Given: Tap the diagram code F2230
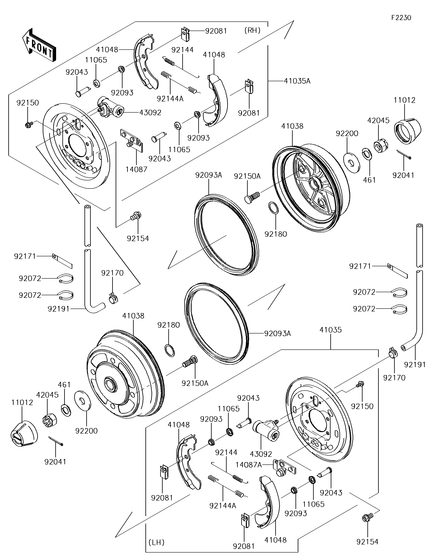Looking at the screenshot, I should (401, 18).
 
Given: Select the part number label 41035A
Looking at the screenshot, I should (297, 81).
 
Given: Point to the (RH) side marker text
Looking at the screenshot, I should (252, 31).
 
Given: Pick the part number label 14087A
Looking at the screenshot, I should (249, 465).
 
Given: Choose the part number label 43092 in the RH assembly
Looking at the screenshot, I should (150, 112).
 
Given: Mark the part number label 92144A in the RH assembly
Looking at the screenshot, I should (170, 99).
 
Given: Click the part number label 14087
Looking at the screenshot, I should (137, 169).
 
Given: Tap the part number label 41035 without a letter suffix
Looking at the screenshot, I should (331, 330).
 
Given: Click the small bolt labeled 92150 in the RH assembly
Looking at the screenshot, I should (28, 125).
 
